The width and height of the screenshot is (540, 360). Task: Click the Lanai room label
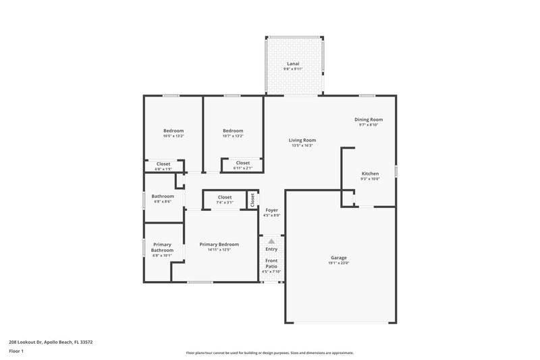click(x=293, y=64)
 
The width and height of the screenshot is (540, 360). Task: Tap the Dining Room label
click(x=369, y=120)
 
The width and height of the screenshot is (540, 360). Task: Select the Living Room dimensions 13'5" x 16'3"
click(x=302, y=145)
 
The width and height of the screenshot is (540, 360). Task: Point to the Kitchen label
click(x=370, y=174)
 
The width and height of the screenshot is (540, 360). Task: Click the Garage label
click(x=339, y=257)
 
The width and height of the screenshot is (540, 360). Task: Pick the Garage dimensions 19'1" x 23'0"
click(x=339, y=263)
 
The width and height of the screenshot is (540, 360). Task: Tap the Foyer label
click(x=271, y=210)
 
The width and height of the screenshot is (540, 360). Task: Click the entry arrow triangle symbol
click(x=271, y=240)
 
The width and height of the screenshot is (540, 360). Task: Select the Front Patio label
click(x=271, y=263)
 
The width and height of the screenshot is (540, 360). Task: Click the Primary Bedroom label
click(x=219, y=245)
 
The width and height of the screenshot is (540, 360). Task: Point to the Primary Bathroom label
click(x=162, y=247)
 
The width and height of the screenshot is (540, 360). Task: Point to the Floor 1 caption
click(x=16, y=351)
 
